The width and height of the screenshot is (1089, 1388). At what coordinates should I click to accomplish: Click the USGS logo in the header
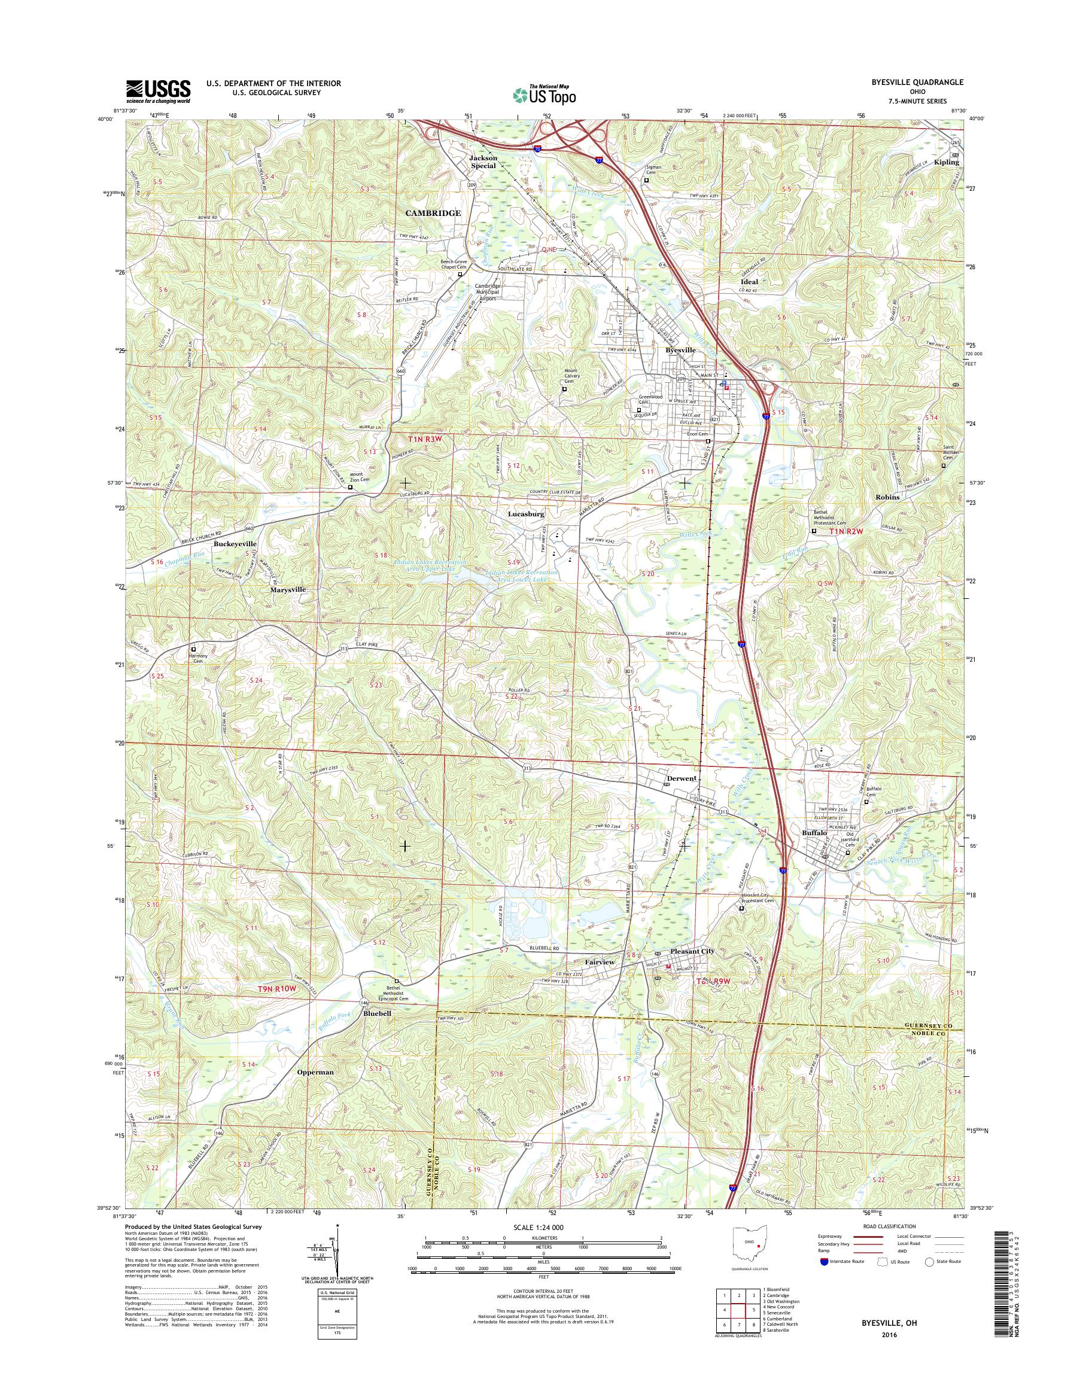coord(158,91)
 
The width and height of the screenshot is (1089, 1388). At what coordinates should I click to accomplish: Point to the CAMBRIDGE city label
coord(433,213)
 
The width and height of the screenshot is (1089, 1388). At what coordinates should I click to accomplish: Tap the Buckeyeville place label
coord(235,544)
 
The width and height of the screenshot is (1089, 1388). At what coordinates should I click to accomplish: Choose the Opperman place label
coord(315,1072)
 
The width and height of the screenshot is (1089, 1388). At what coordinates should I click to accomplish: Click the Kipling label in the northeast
coord(946,162)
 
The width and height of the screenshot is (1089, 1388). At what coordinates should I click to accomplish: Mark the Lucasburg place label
coord(525,513)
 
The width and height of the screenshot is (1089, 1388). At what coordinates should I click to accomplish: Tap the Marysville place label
coord(288,590)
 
